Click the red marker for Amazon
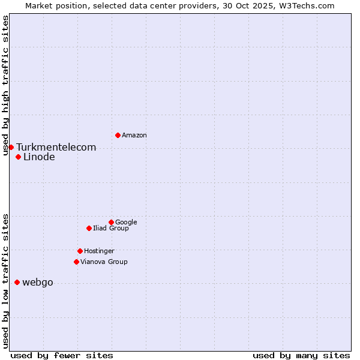coord(118,135)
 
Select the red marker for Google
coord(111,222)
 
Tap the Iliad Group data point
coord(89,228)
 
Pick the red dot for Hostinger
coord(80,251)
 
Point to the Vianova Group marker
coord(76,262)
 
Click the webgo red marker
coord(17,282)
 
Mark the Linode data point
coord(18,157)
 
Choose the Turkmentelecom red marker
coord(11,147)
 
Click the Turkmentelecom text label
coord(56,147)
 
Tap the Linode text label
coord(39,157)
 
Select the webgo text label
coord(37,283)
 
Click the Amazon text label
coord(134,136)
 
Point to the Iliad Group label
coord(111,228)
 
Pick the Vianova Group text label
coord(104,262)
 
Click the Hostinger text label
coord(99,251)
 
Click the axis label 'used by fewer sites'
coord(62,355)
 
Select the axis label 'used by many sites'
coord(301,355)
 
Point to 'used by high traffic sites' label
coord(5,85)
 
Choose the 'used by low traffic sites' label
coord(5,281)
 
